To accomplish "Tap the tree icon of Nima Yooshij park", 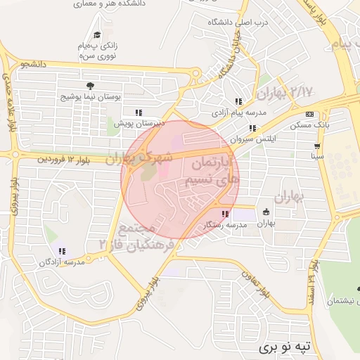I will click(x=91, y=86).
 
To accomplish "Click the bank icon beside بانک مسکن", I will click(x=309, y=115).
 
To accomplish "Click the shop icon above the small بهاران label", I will click(x=266, y=212).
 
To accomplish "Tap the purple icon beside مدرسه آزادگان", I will click(x=62, y=251).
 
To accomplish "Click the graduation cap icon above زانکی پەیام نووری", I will click(x=97, y=35).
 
